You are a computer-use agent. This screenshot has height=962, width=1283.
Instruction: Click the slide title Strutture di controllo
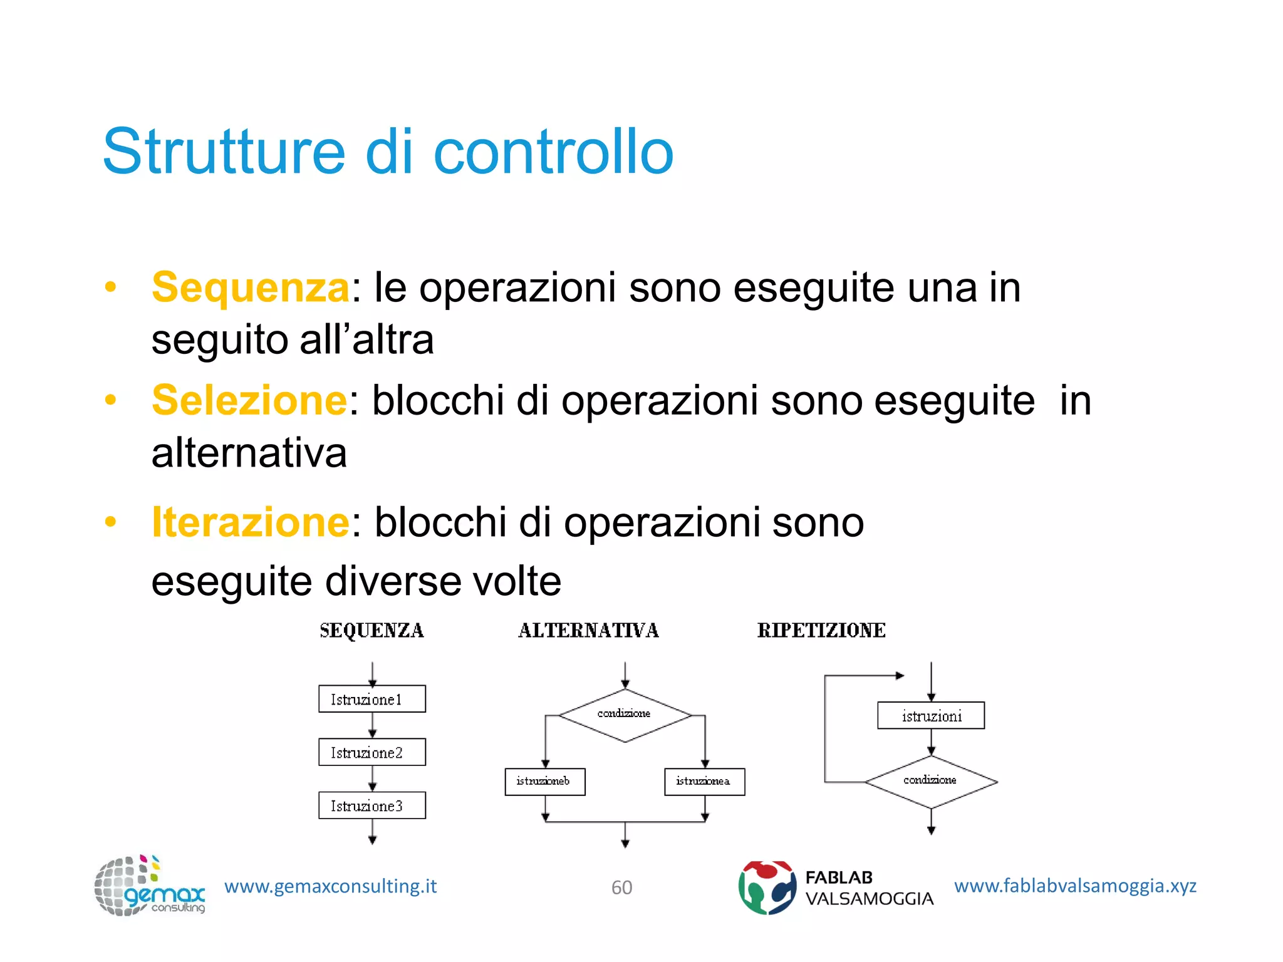pyautogui.click(x=388, y=152)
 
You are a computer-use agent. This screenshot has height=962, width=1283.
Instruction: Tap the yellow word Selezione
pyautogui.click(x=249, y=401)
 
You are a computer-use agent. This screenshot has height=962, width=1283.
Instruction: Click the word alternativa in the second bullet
pyautogui.click(x=249, y=453)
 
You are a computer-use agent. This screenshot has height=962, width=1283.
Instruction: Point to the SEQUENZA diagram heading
pyautogui.click(x=371, y=631)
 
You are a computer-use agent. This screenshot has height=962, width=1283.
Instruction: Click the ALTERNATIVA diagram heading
pyautogui.click(x=588, y=631)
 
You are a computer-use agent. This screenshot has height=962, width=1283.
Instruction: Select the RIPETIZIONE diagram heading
pyautogui.click(x=821, y=631)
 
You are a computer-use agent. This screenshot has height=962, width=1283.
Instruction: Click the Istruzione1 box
pyautogui.click(x=371, y=699)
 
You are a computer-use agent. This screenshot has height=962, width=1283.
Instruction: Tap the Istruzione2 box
pyautogui.click(x=371, y=752)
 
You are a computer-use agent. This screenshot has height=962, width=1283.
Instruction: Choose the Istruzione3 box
pyautogui.click(x=371, y=805)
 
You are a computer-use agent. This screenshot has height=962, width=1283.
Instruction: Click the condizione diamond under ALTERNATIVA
pyautogui.click(x=625, y=715)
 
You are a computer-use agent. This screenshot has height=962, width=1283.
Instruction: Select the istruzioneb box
pyautogui.click(x=544, y=782)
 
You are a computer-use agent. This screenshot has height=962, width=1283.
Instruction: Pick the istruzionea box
pyautogui.click(x=704, y=782)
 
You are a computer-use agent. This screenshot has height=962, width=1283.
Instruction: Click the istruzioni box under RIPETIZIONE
pyautogui.click(x=931, y=716)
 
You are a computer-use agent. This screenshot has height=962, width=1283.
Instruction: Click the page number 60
pyautogui.click(x=621, y=887)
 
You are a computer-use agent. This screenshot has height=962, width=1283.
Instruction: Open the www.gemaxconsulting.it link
pyautogui.click(x=330, y=886)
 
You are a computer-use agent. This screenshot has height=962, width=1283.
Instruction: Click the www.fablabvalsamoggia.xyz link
pyautogui.click(x=1075, y=886)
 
